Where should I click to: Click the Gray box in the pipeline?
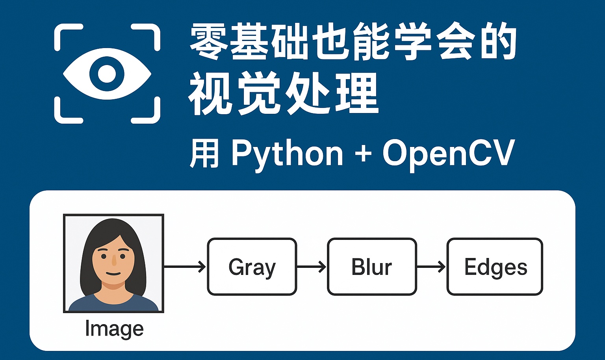pyautogui.click(x=252, y=267)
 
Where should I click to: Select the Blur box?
pyautogui.click(x=371, y=267)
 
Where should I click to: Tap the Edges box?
pyautogui.click(x=495, y=267)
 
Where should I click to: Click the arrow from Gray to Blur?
pyautogui.click(x=311, y=267)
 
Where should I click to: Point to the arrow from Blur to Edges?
pyautogui.click(x=431, y=267)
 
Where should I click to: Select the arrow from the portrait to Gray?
pyautogui.click(x=185, y=267)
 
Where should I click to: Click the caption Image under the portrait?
pyautogui.click(x=114, y=329)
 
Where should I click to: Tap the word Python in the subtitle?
pyautogui.click(x=287, y=154)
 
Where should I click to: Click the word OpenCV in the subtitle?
pyautogui.click(x=449, y=154)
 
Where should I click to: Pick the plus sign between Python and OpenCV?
pyautogui.click(x=363, y=154)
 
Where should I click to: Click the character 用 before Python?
pyautogui.click(x=204, y=154)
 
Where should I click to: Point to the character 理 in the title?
pyautogui.click(x=358, y=94)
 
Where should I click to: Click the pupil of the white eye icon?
pyautogui.click(x=107, y=74)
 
